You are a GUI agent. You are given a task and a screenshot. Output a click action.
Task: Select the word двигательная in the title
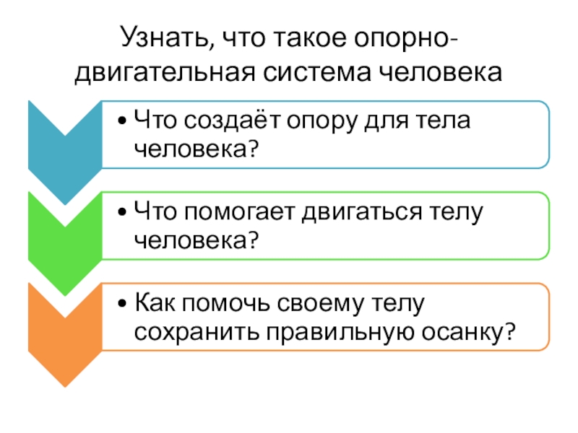tap(162, 73)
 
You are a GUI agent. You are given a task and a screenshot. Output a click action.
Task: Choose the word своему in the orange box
tap(326, 303)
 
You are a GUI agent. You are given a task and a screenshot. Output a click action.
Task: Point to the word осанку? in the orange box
tap(468, 332)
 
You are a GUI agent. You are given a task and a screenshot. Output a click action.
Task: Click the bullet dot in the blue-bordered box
tap(125, 121)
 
